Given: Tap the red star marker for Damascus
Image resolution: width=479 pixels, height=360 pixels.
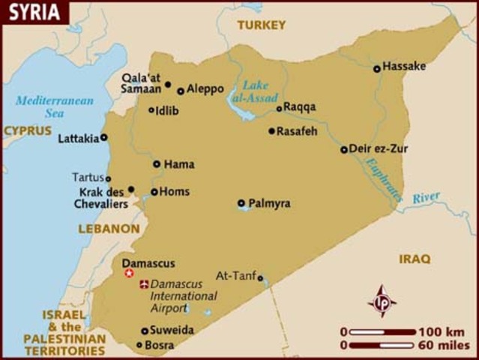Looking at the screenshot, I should click(129, 274).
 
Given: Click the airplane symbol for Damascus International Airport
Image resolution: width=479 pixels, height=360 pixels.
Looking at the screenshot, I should click(144, 284).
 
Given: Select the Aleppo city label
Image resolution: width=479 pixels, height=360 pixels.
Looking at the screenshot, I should click(205, 88).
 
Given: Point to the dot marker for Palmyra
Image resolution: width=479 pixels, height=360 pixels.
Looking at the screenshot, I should click(241, 202).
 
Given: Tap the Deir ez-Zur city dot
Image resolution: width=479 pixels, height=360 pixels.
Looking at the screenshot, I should click(344, 149).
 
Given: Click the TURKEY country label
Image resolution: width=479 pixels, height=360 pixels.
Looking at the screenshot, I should click(261, 25).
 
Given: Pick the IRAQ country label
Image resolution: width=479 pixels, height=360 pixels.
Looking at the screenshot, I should click(415, 259).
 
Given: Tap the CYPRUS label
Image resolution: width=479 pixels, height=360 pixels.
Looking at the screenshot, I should click(27, 130).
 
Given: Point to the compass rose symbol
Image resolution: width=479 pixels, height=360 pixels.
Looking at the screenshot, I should click(382, 301).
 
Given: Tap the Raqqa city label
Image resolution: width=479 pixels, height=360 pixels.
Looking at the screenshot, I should click(300, 107).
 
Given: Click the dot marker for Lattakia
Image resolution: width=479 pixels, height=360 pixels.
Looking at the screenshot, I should click(104, 137).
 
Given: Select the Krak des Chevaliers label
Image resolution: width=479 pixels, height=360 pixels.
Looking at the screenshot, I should click(100, 197).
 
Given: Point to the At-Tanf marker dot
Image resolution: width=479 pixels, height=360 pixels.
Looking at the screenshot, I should click(260, 278).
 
